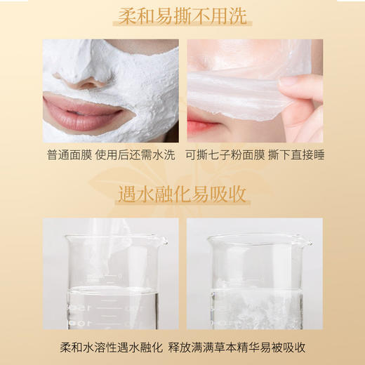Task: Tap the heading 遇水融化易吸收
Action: pyautogui.click(x=182, y=192)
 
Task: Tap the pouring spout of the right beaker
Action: pyautogui.click(x=307, y=243)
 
